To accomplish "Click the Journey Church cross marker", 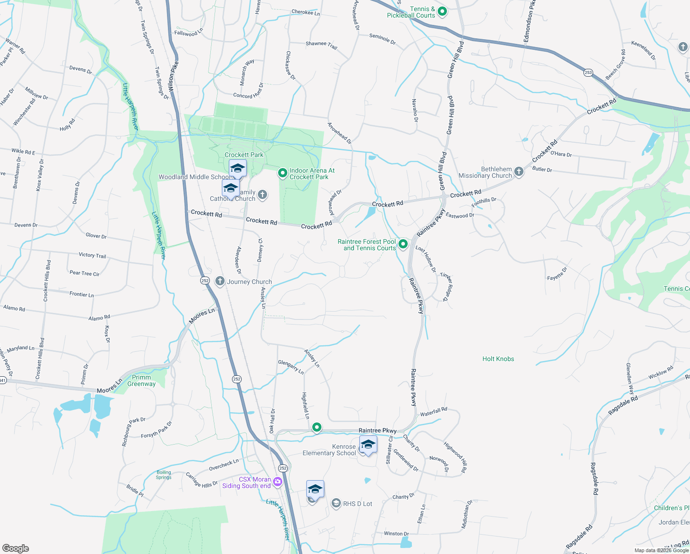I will point(220,281).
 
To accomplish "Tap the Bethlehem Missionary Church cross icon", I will point(519,172).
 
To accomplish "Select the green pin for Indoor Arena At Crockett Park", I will point(283,173).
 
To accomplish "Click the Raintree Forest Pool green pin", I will point(403,244).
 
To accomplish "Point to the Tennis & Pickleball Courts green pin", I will point(442,12).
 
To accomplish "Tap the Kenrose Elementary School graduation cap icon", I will point(368,445).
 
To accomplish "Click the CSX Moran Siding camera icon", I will point(277,482).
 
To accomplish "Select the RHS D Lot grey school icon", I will point(336,504).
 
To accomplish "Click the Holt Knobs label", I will point(498,359).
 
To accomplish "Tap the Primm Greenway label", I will point(142,380).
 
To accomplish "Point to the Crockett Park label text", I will point(244,155).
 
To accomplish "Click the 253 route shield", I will point(588,72).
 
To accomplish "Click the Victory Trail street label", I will point(92,255).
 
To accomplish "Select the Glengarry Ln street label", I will point(291,367).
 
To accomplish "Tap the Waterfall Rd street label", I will point(434,411).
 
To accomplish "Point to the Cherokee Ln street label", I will point(305,12).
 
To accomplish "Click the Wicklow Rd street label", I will point(661,373).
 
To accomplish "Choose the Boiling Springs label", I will point(164,475).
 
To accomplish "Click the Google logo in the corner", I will point(16,548).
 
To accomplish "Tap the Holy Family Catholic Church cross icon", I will point(262,195).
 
